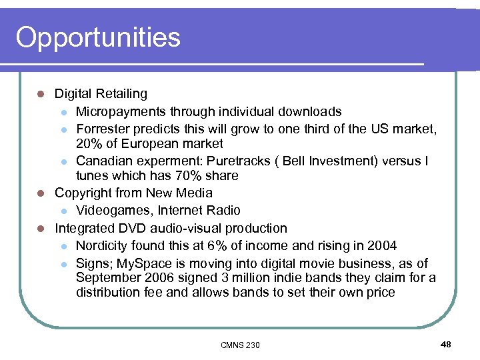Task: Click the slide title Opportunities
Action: pos(98,37)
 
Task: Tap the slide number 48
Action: pos(446,344)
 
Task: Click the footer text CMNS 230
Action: pos(240,345)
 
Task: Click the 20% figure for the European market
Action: pos(89,144)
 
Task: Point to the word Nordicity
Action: pos(102,245)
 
